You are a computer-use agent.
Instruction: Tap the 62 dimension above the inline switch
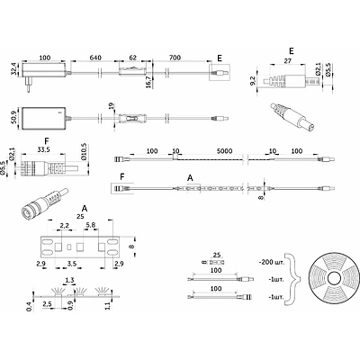pyautogui.click(x=131, y=58)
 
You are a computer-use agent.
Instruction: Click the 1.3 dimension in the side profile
pyautogui.click(x=67, y=281)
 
